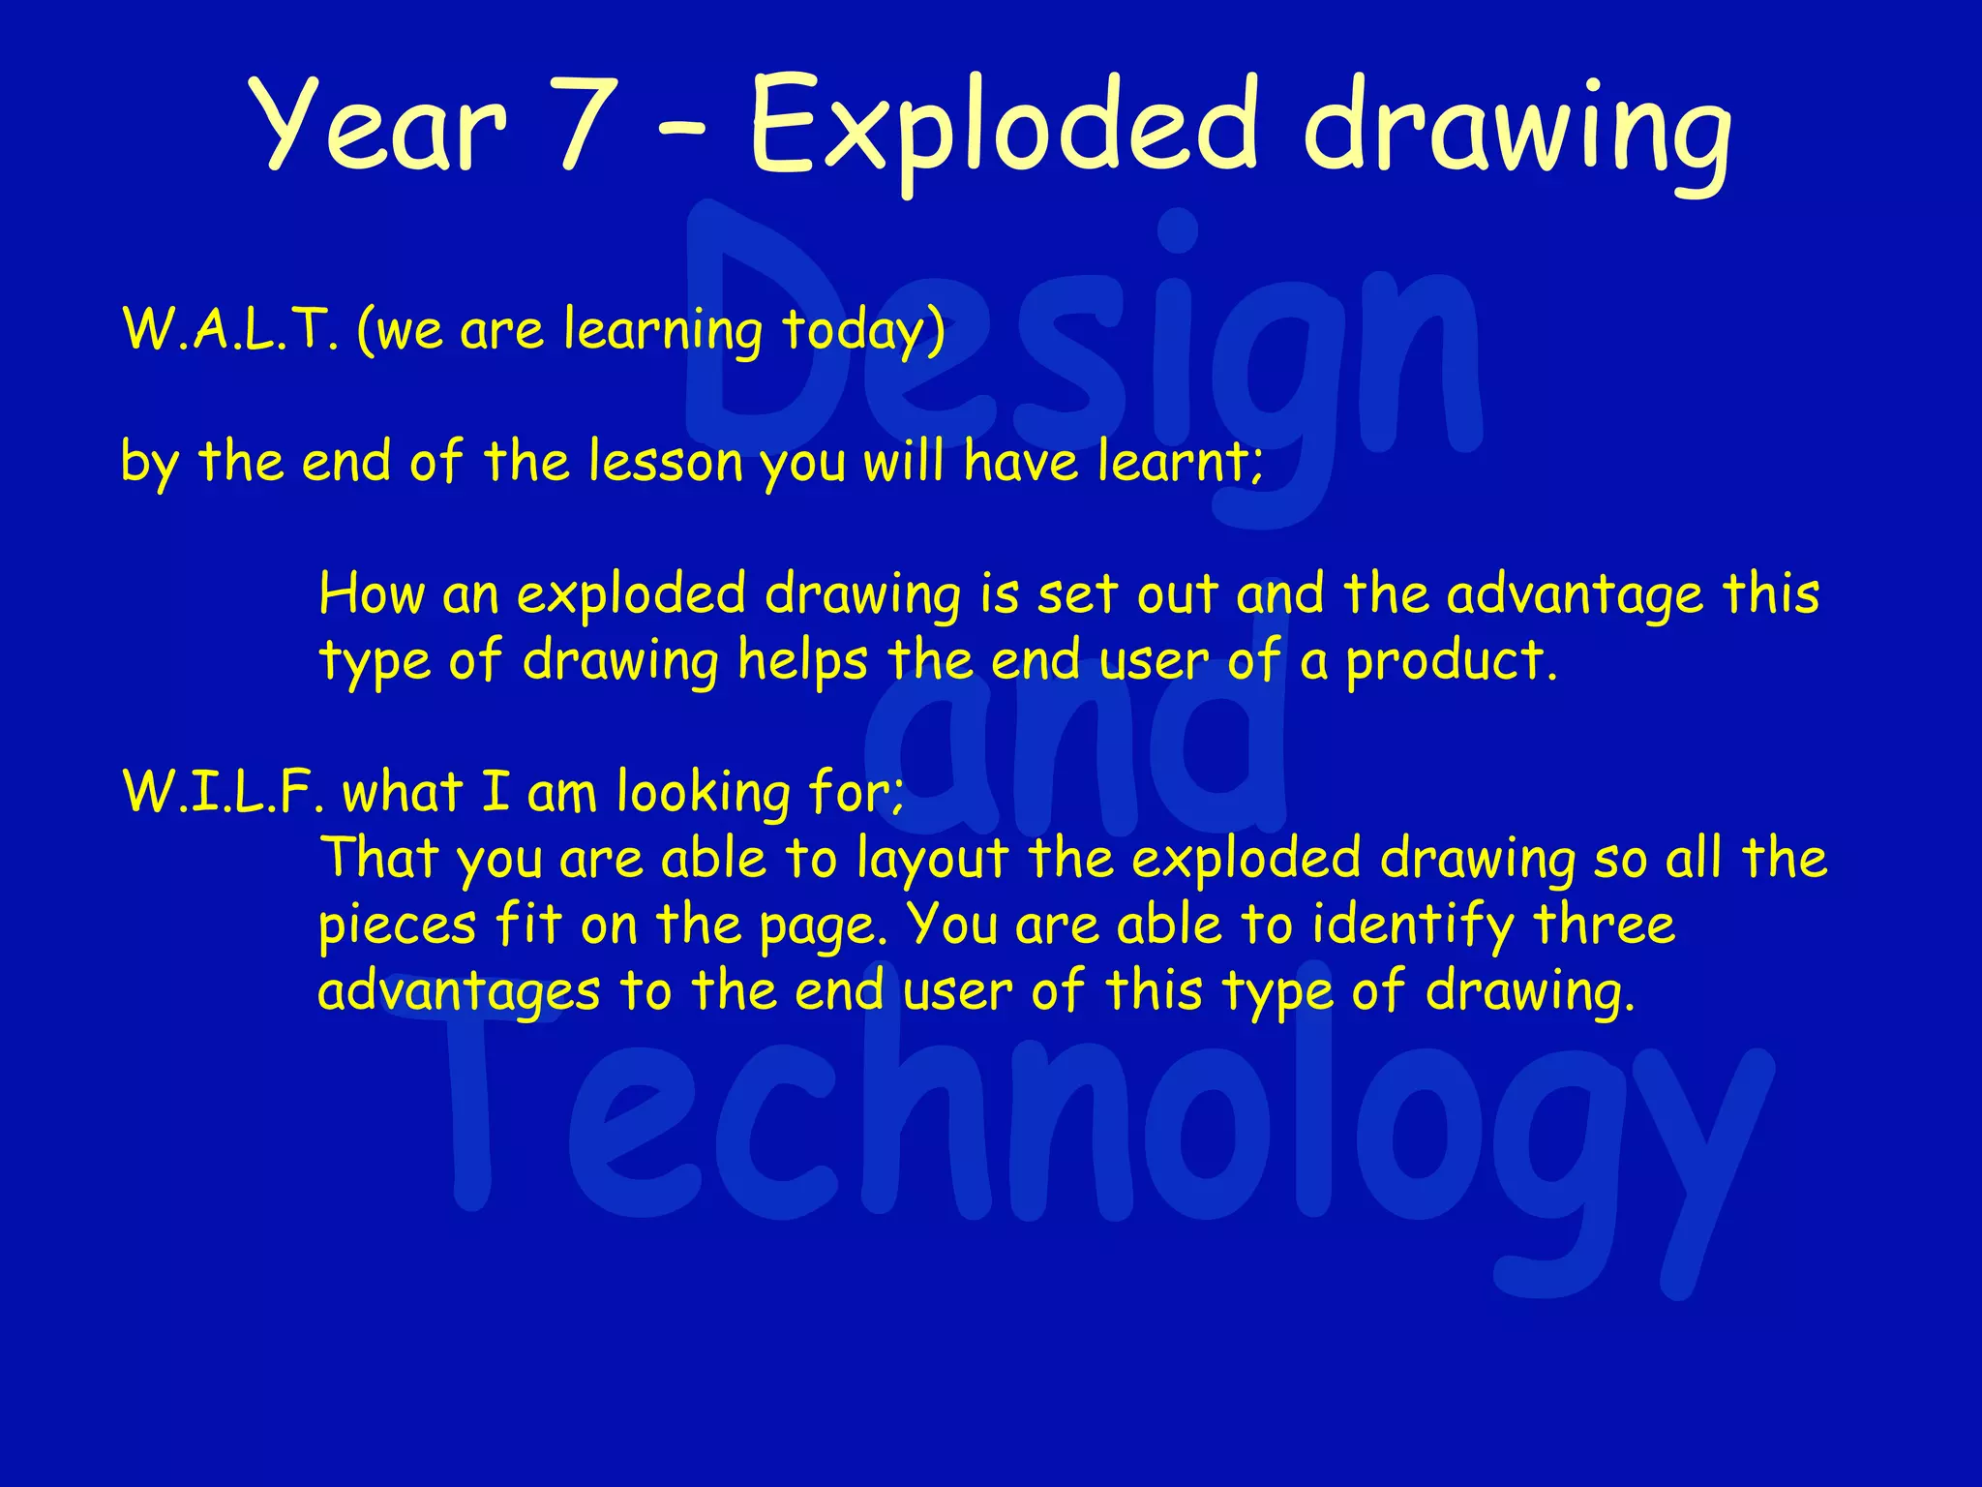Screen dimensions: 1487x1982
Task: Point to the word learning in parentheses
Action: click(663, 332)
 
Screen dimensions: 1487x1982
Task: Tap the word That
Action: click(378, 858)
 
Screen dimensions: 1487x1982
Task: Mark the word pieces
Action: click(397, 926)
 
